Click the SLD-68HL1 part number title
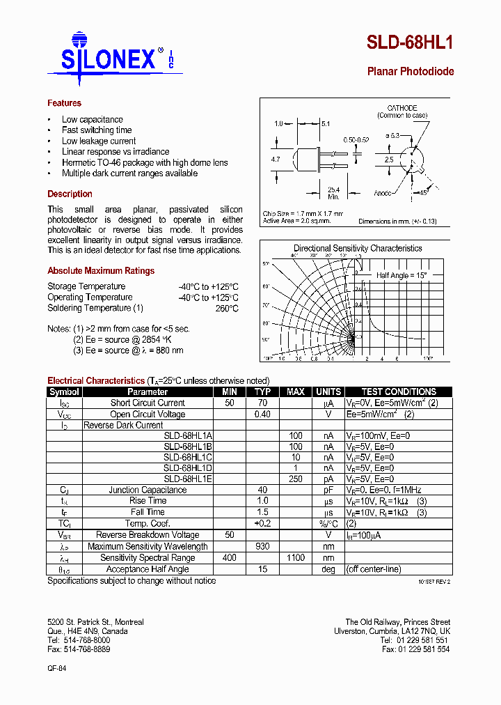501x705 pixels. point(410,43)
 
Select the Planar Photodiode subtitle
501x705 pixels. point(410,72)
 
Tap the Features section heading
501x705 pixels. point(64,103)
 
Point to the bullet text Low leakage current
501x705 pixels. point(98,141)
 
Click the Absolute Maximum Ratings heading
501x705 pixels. point(101,271)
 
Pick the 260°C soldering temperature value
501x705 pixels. point(227,308)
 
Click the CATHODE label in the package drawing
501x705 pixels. point(401,108)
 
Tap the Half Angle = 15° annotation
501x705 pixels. point(400,275)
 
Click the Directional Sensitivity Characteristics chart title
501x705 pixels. point(358,248)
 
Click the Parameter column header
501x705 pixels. point(148,392)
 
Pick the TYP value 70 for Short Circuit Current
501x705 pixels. point(262,403)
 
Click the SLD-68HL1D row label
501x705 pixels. point(188,468)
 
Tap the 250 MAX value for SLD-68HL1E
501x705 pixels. point(295,479)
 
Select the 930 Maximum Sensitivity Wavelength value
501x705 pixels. point(262,546)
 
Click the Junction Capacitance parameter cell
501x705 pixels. point(148,490)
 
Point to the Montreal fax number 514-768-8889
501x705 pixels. point(79,649)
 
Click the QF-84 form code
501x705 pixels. point(56,667)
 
